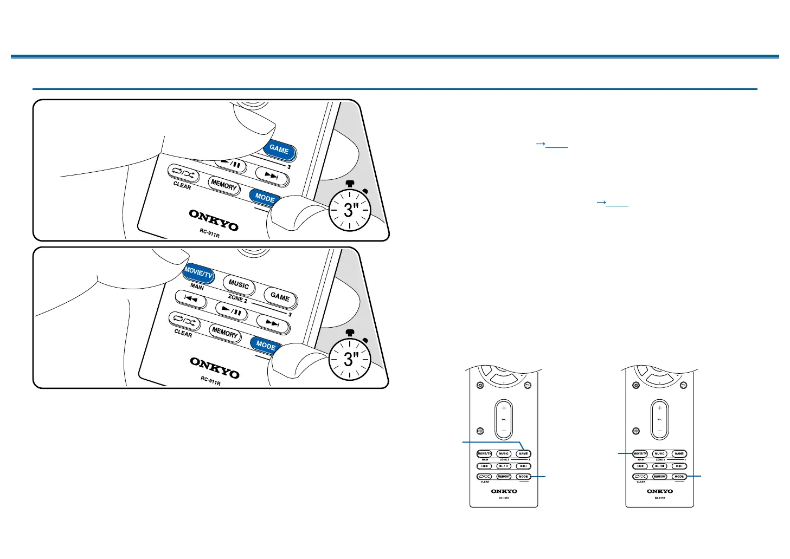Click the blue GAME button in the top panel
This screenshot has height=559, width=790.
click(x=280, y=149)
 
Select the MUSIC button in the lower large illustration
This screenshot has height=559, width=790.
click(x=239, y=284)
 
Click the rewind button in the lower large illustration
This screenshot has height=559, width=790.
click(x=191, y=298)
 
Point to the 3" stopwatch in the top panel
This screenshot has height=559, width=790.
click(x=350, y=210)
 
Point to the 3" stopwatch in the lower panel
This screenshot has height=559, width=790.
click(x=350, y=358)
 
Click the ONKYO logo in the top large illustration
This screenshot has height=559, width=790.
click(x=214, y=219)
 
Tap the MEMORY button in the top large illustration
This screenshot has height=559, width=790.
click(x=224, y=185)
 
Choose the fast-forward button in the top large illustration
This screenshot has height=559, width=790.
click(x=272, y=175)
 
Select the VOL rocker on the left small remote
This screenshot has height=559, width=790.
click(x=504, y=419)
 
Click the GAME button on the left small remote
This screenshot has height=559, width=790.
click(x=523, y=454)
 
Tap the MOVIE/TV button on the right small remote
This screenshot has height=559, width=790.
click(x=640, y=454)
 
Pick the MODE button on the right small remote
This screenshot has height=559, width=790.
click(x=679, y=477)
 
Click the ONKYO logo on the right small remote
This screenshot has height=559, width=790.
click(x=660, y=491)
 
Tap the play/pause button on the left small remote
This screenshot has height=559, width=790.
click(x=504, y=466)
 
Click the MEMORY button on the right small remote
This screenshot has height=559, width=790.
click(x=659, y=477)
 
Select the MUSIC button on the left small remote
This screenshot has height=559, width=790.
click(x=504, y=454)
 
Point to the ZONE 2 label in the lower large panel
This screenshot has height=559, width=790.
click(x=237, y=299)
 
